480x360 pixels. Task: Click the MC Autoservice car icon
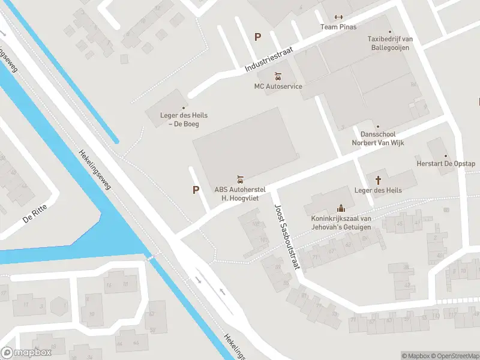click(278, 76)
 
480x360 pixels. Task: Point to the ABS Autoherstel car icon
click(240, 179)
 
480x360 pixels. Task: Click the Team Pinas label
click(338, 27)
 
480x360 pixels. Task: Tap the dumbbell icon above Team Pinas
click(338, 17)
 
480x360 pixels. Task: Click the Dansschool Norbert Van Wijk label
click(377, 139)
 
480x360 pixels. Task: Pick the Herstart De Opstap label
click(446, 164)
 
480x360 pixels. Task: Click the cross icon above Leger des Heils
click(378, 180)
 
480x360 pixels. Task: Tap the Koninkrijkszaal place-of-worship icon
click(341, 208)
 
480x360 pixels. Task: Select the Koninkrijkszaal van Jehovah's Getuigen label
click(341, 223)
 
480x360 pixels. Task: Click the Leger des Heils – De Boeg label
click(184, 120)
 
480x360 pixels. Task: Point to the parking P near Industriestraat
click(258, 37)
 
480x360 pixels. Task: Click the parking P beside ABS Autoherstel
click(196, 190)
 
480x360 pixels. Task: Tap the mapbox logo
click(26, 352)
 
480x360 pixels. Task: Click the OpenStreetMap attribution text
click(453, 356)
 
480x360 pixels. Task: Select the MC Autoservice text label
click(278, 86)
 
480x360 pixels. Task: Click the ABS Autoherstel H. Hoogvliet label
click(240, 194)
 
